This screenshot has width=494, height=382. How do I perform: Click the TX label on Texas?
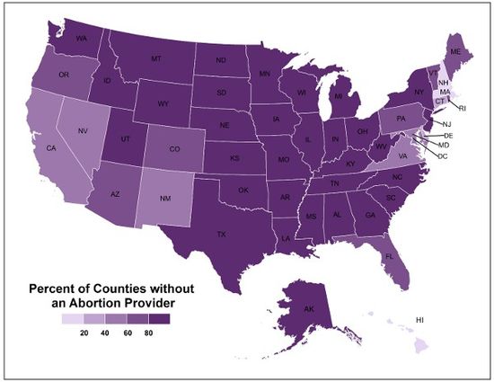(x=220, y=235)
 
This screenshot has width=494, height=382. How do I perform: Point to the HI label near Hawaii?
(x=419, y=320)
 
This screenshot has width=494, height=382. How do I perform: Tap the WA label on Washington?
(x=82, y=39)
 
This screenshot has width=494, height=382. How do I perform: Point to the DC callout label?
(x=443, y=155)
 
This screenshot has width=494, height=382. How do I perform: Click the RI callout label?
(x=463, y=107)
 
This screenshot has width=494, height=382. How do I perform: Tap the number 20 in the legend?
(x=84, y=333)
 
